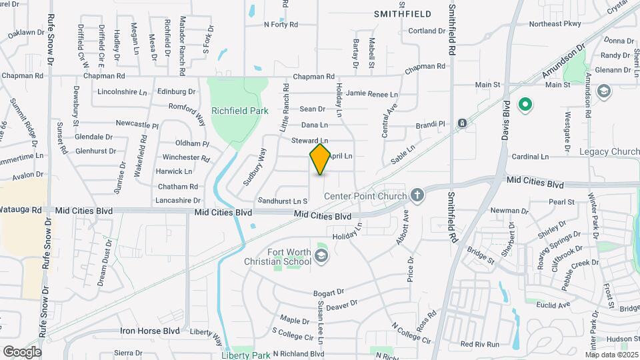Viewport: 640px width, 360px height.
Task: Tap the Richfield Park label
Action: point(235,111)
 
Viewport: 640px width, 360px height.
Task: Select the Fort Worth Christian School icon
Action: point(322,256)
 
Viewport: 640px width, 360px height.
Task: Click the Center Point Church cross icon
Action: point(417,195)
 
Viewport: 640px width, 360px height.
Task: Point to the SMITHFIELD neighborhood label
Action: point(402,13)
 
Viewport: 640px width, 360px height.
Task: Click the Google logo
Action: point(22,351)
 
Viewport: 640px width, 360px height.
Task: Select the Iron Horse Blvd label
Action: point(150,331)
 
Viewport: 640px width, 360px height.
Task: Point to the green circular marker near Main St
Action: point(525,104)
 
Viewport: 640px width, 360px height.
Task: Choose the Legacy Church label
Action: point(608,152)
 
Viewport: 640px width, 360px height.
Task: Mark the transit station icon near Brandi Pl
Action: point(462,123)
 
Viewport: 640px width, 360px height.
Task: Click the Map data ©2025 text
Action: point(611,354)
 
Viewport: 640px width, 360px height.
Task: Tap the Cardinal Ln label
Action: point(530,157)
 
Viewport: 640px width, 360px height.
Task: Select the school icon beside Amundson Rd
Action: point(604,91)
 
